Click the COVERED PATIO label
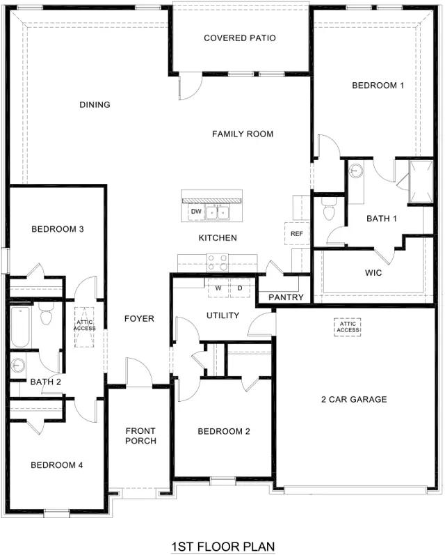240,38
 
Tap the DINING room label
95,105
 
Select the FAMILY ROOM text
243,134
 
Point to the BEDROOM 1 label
378,86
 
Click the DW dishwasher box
196,212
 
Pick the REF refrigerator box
297,233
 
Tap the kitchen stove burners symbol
218,262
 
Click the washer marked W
218,288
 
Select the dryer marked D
240,288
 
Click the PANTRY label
286,297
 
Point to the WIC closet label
373,273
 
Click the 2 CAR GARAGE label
354,400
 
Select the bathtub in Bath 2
20,327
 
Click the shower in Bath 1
419,182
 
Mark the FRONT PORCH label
140,436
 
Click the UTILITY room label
222,315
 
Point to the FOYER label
139,319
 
